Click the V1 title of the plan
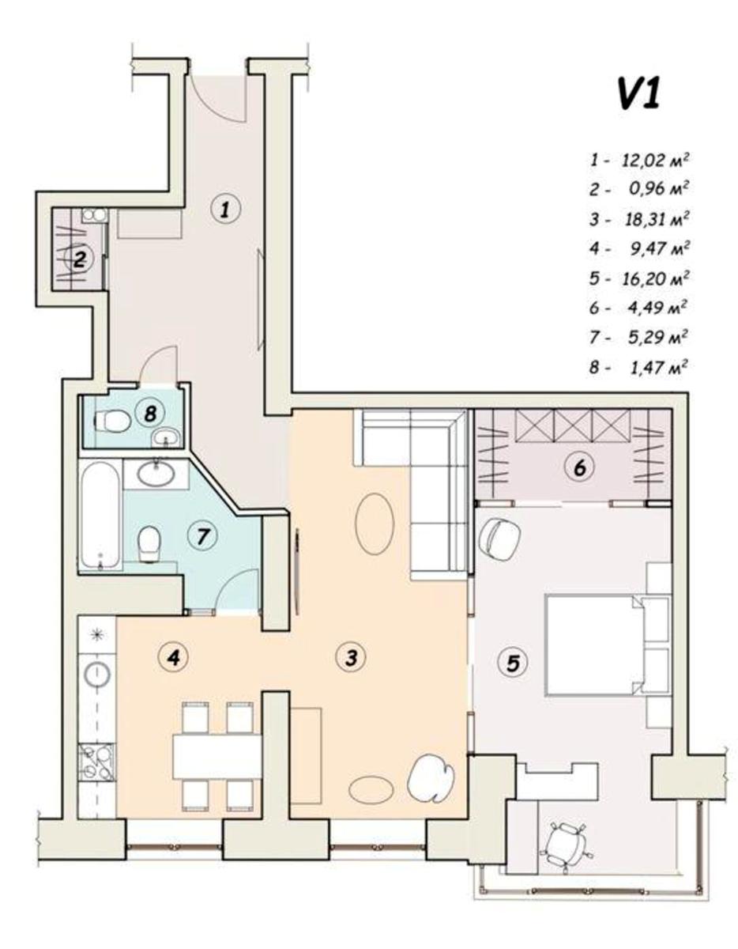[x=639, y=95]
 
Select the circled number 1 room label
[x=224, y=210]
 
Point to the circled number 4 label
[x=174, y=656]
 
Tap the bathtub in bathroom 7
[x=100, y=516]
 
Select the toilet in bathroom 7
[x=149, y=543]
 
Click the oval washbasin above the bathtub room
[x=156, y=473]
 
